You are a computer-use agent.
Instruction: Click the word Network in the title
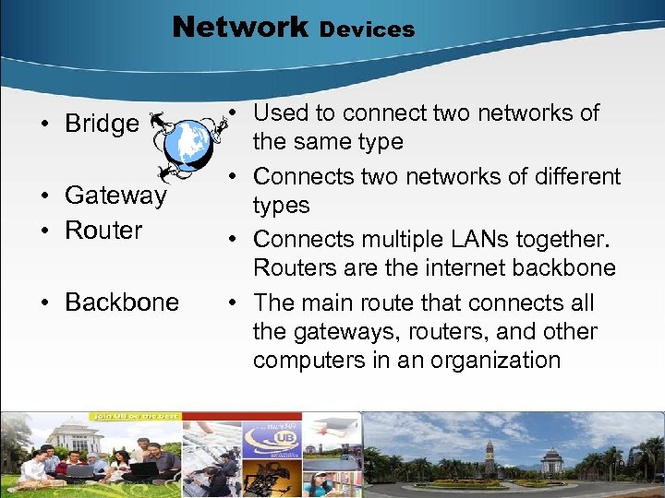[x=239, y=27]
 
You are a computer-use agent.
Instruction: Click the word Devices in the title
[x=367, y=30]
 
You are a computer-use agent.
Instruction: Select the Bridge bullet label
[x=102, y=124]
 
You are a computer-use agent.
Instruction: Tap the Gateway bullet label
[x=115, y=196]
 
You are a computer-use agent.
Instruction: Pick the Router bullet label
[x=103, y=231]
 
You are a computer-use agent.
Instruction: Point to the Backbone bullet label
[x=122, y=302]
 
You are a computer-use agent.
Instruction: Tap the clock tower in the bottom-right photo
[x=490, y=457]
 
